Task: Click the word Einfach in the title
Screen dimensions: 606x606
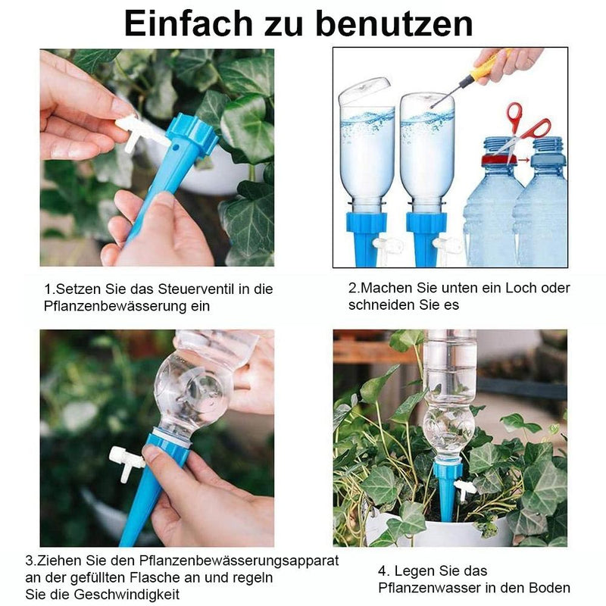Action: [189, 24]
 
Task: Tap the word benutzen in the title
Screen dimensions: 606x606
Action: [394, 24]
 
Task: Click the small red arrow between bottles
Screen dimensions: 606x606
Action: [523, 159]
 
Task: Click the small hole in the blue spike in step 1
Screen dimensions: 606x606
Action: [176, 147]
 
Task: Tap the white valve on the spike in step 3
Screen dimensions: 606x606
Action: [127, 463]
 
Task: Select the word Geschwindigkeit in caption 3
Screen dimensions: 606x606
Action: [127, 595]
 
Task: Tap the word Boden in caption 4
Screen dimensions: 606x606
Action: [550, 588]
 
